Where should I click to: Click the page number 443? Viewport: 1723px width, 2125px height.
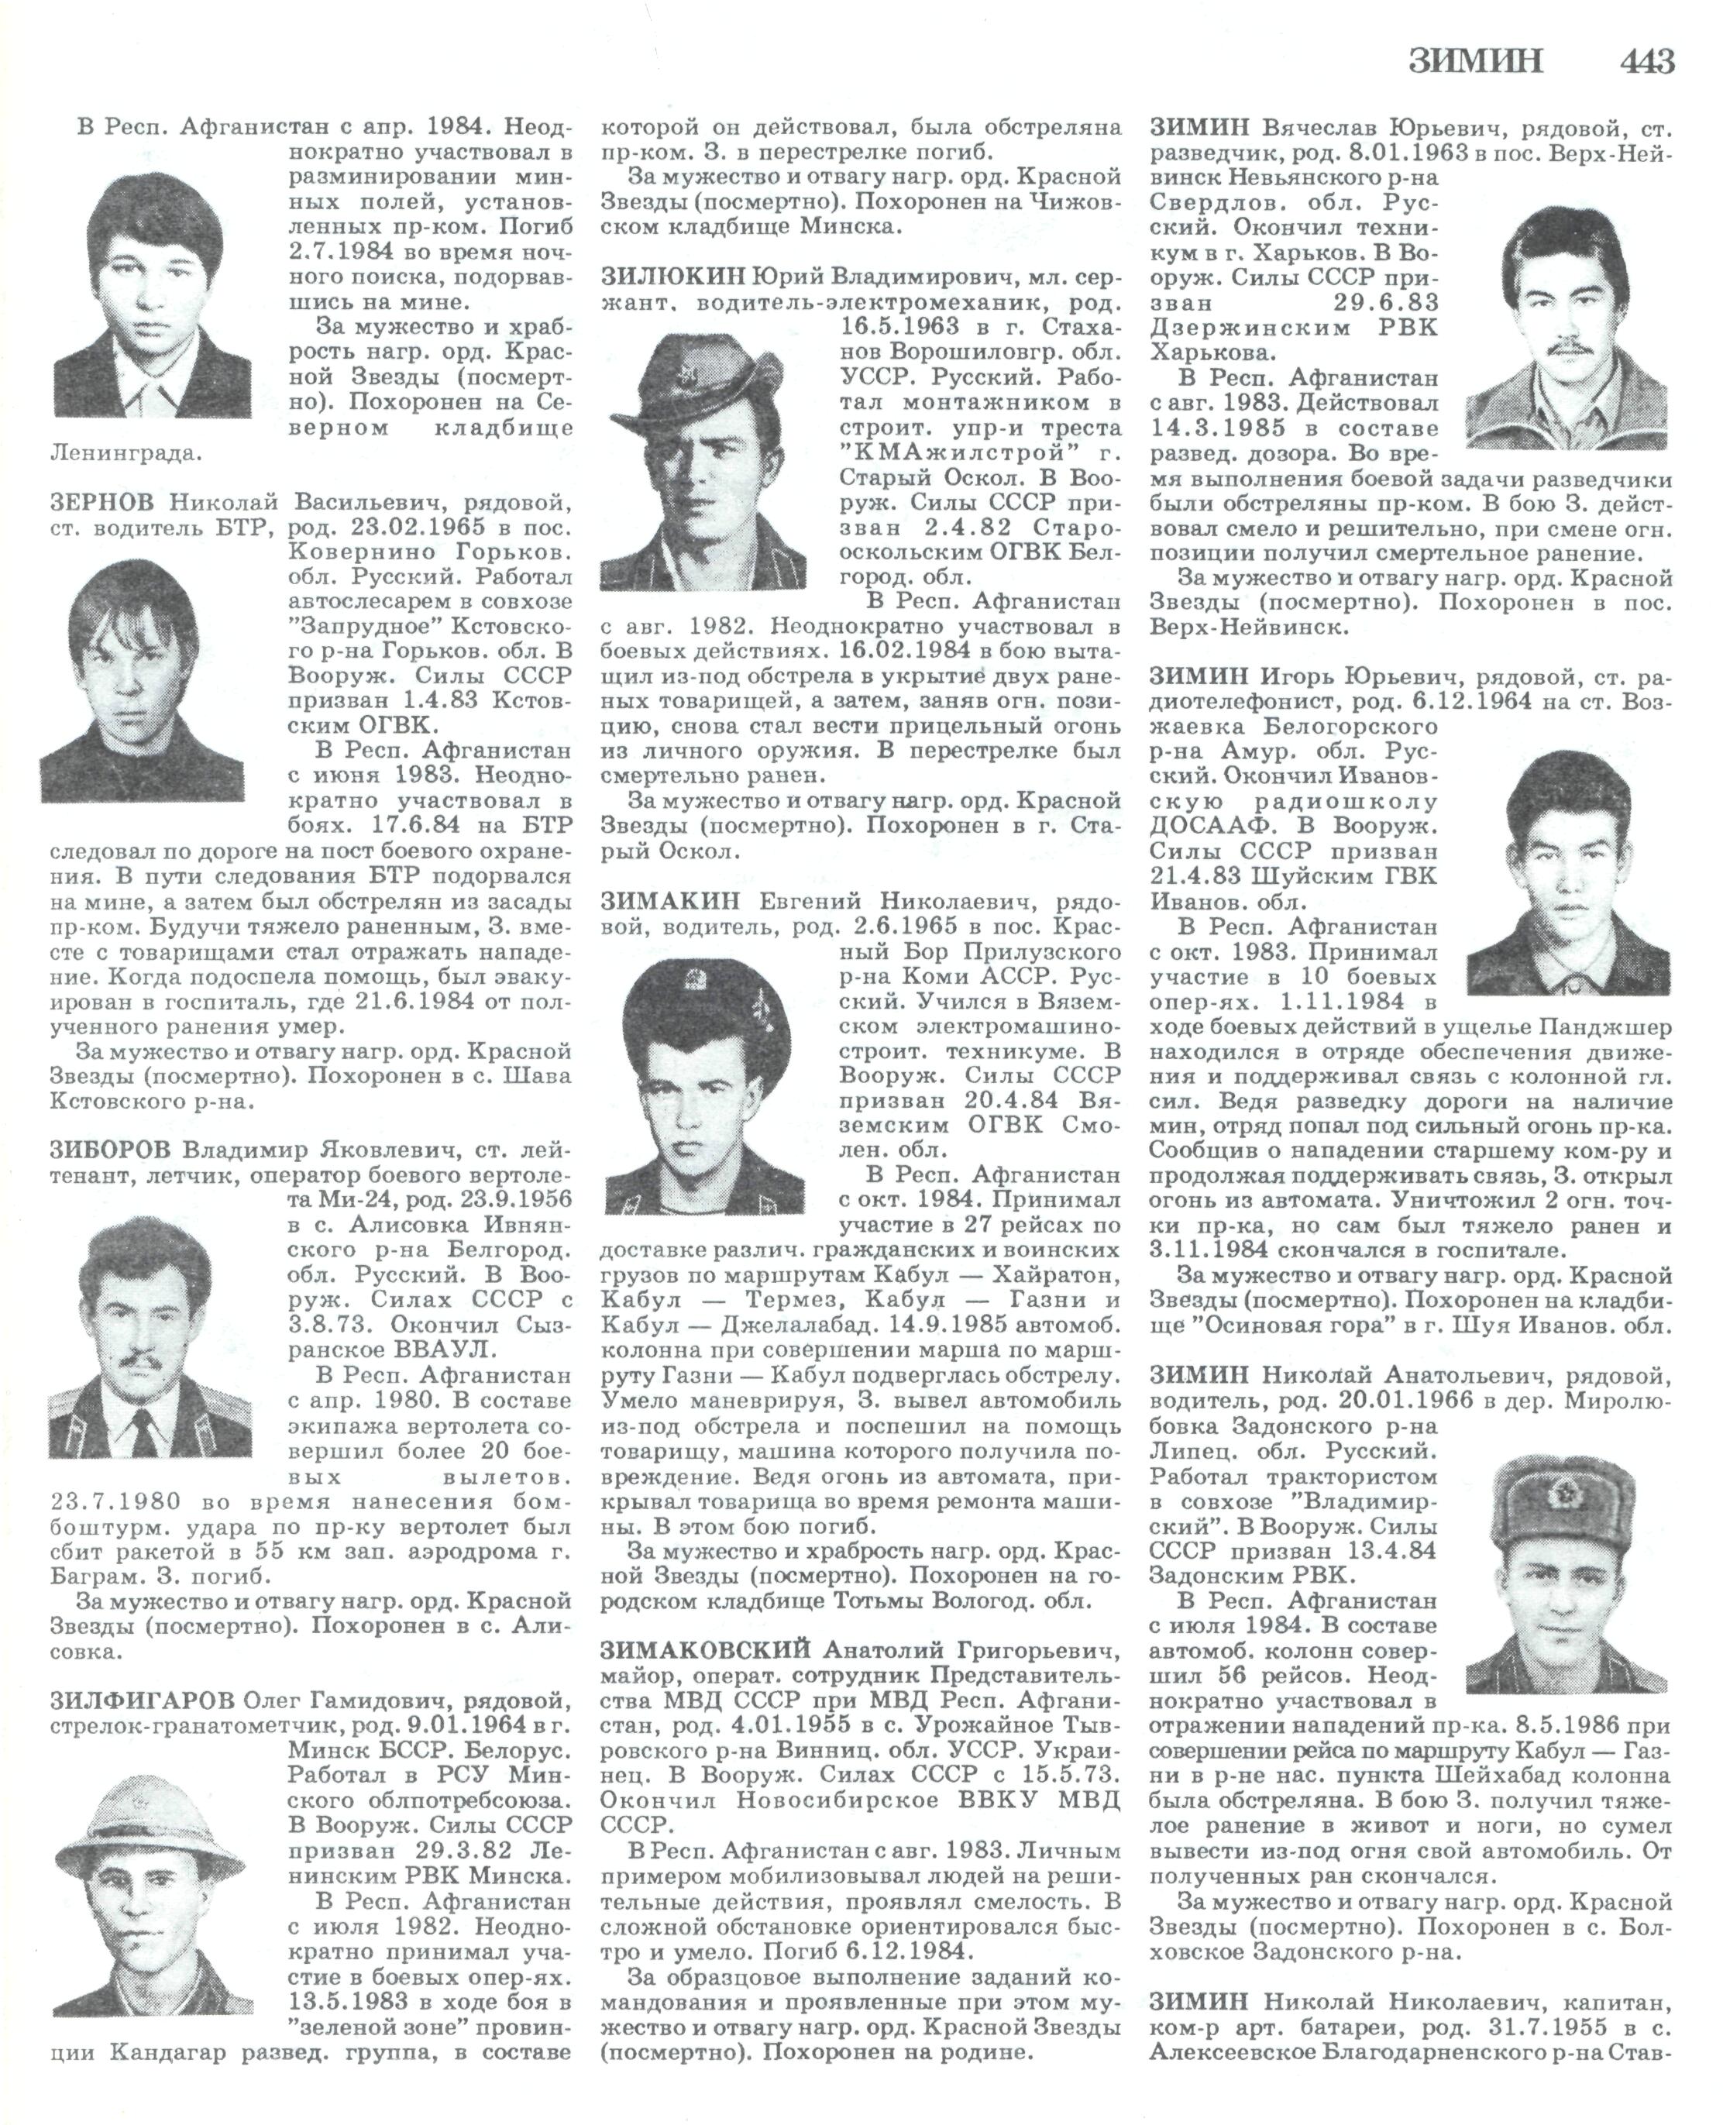1646,61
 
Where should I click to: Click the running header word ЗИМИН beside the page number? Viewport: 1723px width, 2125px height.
1476,61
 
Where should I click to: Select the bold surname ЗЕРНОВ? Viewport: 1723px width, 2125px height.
101,502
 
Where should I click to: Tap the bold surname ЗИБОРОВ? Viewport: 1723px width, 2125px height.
110,1150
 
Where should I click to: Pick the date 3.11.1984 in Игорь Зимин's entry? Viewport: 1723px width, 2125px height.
1219,1250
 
